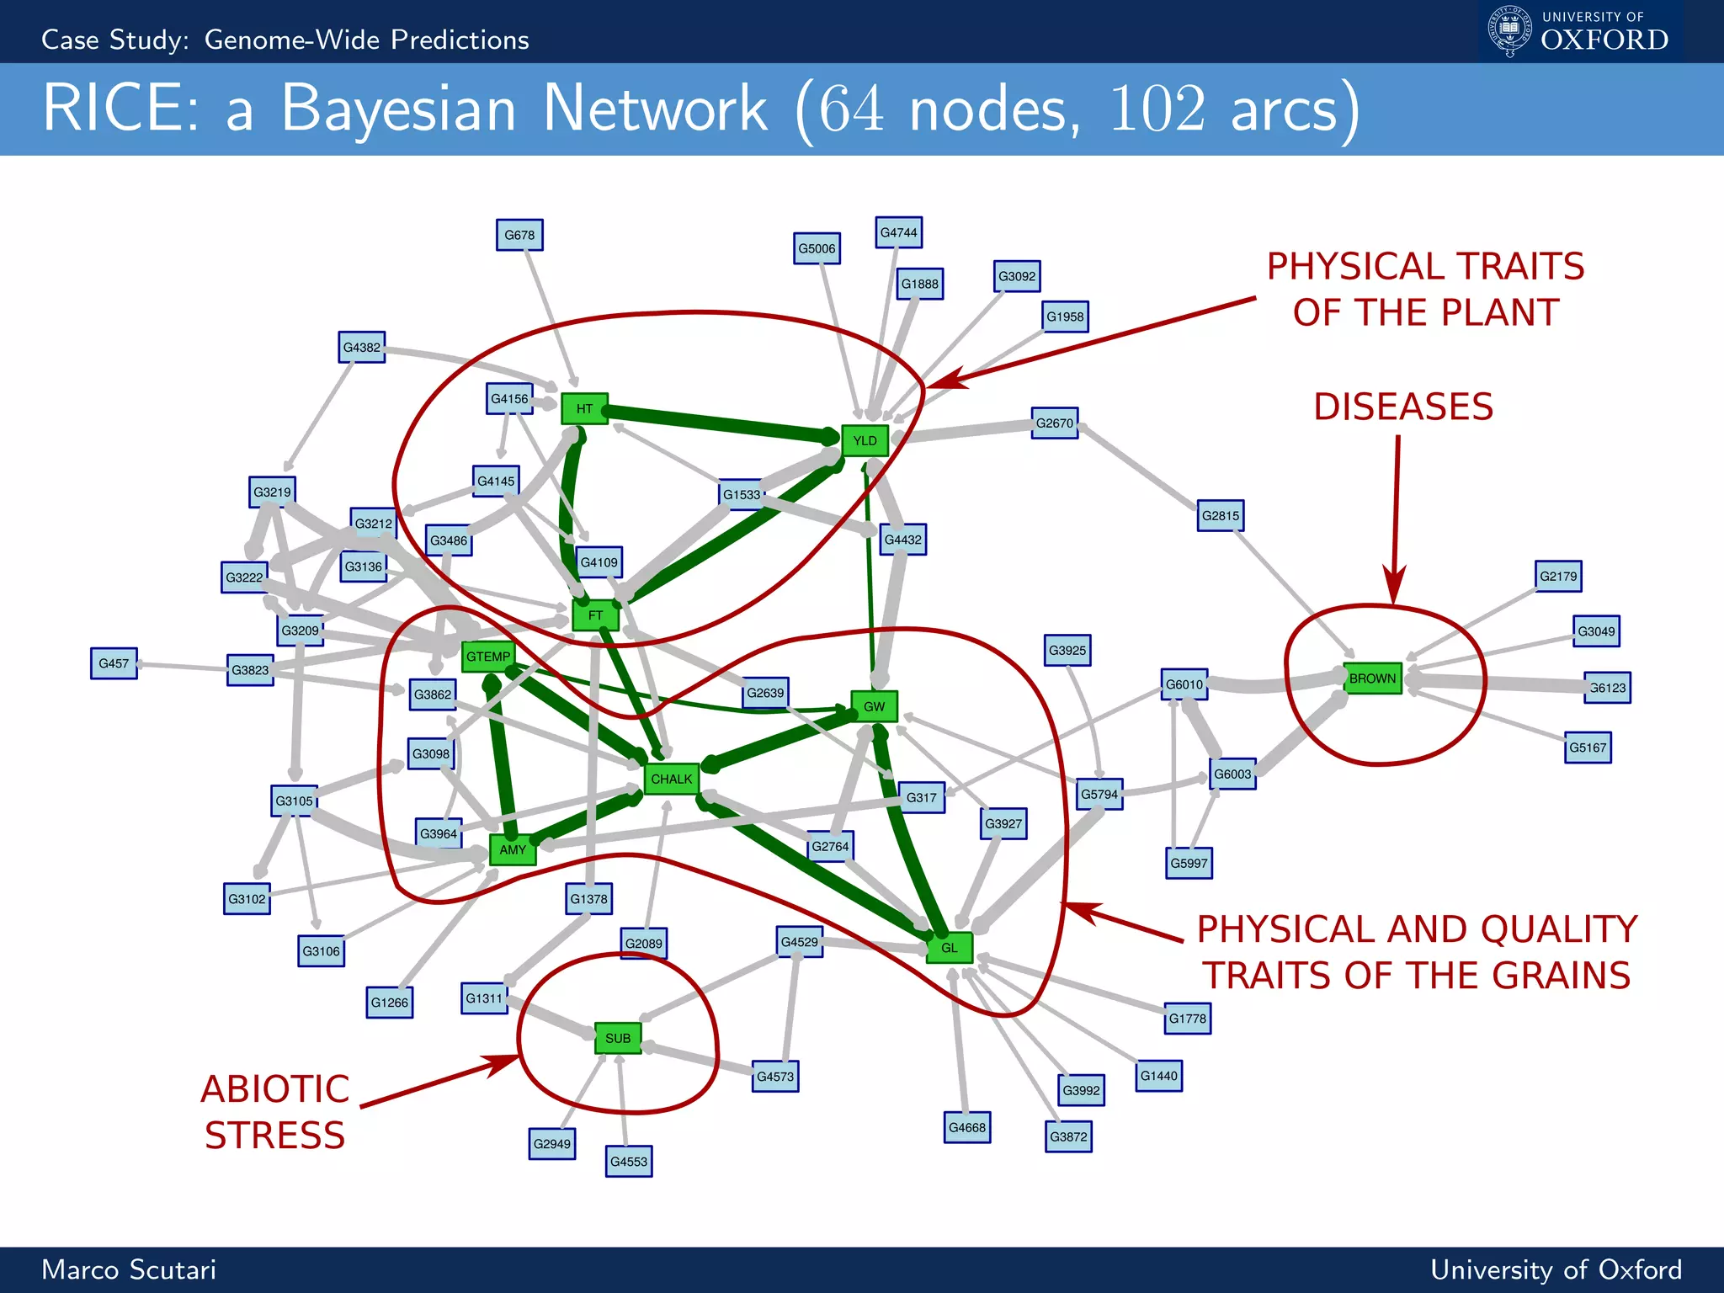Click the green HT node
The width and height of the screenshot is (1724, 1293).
tap(584, 409)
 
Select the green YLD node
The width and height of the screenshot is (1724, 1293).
tap(865, 440)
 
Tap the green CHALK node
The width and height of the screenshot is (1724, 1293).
tap(671, 779)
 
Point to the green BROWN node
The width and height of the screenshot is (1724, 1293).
tap(1372, 678)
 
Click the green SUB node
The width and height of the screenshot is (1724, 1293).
tap(618, 1038)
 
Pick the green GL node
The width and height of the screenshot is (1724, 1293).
tap(949, 948)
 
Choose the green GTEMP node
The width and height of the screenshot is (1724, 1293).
tap(488, 657)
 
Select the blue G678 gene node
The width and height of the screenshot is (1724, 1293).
tap(519, 235)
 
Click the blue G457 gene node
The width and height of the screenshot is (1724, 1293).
tap(114, 663)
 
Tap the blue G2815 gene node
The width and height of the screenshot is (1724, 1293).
tap(1220, 515)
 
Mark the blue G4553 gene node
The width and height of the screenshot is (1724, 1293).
tap(629, 1162)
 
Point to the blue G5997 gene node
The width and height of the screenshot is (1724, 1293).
tap(1189, 863)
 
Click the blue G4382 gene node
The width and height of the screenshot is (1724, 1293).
tap(362, 347)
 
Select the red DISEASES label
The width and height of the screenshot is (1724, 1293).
tap(1403, 407)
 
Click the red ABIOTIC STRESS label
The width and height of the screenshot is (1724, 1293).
tap(274, 1112)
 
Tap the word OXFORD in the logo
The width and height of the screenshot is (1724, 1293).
tap(1604, 40)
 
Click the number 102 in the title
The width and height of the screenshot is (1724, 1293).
tap(1157, 109)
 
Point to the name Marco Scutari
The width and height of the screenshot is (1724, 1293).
tap(129, 1269)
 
